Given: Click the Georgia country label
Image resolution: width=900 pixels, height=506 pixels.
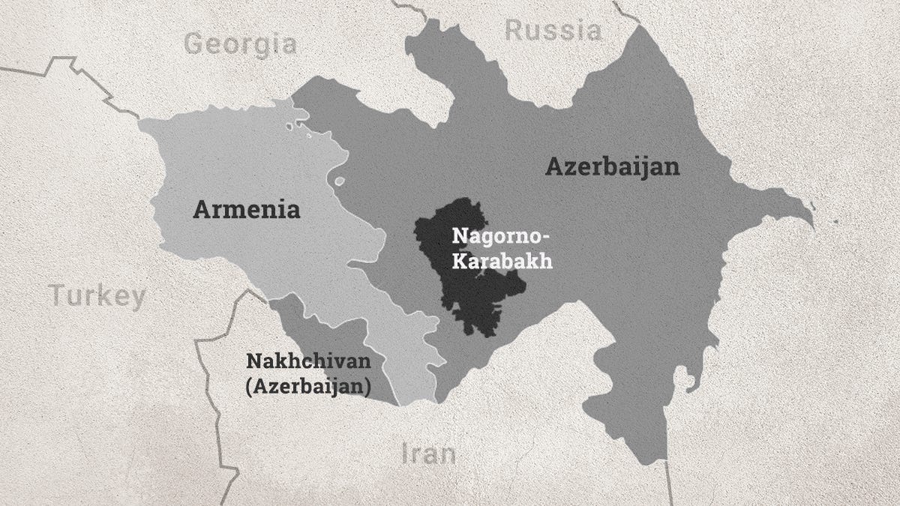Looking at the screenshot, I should tap(239, 43).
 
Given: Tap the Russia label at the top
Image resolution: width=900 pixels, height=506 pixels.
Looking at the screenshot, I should tap(553, 30).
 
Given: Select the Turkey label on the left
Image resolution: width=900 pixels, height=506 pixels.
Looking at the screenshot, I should tap(97, 296).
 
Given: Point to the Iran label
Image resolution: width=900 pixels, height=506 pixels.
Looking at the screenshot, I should tap(428, 454).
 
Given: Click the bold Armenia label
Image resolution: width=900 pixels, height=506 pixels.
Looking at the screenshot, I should tap(247, 209).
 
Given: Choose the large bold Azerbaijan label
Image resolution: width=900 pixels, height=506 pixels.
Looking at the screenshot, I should tap(612, 166).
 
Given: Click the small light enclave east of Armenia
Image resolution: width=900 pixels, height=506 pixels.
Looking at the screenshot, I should tap(339, 181).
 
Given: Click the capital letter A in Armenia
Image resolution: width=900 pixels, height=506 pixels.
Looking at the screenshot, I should tap(202, 209).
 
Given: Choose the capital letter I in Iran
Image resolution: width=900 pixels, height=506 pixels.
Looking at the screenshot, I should tap(406, 454).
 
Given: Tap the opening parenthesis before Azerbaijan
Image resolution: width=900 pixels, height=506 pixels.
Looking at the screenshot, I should tap(249, 387).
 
